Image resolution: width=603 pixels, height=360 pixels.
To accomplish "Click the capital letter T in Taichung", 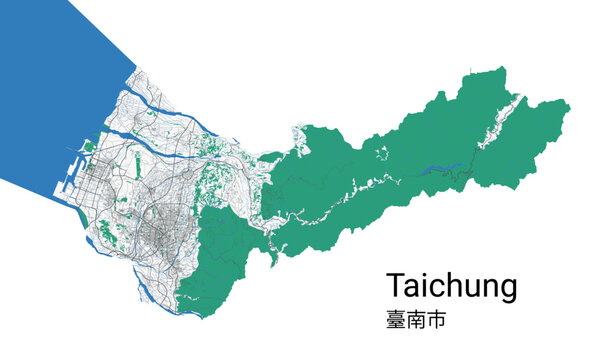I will click(396, 286).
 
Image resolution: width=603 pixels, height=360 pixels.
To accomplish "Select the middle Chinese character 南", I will click(415, 321).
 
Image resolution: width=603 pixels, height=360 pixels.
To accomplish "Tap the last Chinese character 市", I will click(435, 321).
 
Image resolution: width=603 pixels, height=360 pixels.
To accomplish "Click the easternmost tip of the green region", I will click(569, 110).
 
